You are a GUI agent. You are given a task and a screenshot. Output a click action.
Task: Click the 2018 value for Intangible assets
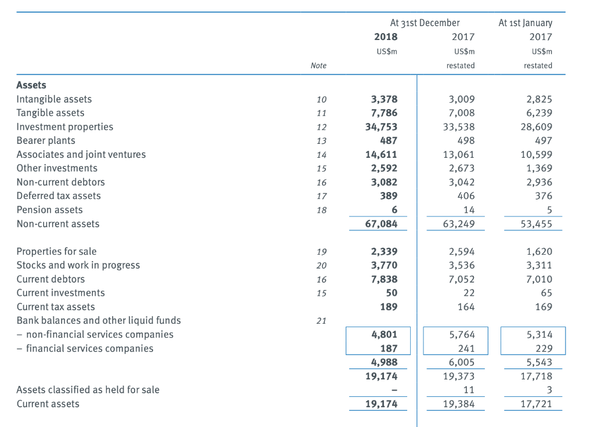[384, 99]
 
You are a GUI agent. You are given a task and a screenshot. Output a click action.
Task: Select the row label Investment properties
[64, 126]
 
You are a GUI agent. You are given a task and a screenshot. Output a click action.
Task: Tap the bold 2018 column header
[386, 37]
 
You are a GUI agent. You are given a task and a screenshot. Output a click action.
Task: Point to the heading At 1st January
[525, 23]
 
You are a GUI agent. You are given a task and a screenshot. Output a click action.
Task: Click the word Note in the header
[318, 66]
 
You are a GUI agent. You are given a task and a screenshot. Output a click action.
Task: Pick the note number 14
[321, 155]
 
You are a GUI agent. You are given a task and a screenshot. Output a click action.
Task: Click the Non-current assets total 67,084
[381, 223]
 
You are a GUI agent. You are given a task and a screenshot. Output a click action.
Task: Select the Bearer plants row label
[46, 140]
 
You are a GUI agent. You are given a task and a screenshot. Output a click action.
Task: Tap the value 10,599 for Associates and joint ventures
[537, 154]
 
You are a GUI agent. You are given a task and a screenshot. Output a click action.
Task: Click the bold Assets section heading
[31, 85]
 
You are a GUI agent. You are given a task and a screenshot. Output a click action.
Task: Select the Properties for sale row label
[56, 251]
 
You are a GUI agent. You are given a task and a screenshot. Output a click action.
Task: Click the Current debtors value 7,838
[384, 279]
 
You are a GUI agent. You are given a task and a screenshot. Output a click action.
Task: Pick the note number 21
[321, 321]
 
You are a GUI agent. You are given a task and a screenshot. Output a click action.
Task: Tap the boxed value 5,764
[462, 334]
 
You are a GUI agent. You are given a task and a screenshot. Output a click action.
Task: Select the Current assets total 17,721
[537, 404]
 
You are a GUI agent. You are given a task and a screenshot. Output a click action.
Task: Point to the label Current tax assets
[56, 307]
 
